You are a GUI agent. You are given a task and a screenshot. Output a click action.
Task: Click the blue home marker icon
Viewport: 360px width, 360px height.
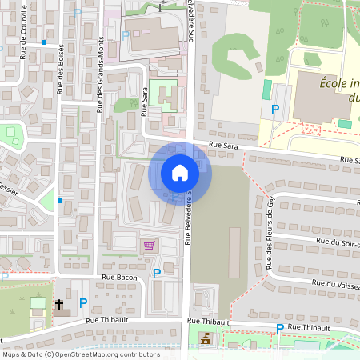pyautogui.click(x=179, y=173)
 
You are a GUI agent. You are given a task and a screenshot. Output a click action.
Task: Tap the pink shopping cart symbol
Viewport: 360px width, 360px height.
pyautogui.click(x=147, y=246)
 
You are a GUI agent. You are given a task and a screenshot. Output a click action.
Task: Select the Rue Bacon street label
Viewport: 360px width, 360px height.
pyautogui.click(x=119, y=278)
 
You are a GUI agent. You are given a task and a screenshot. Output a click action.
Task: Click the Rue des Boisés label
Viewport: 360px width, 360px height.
pyautogui.click(x=62, y=70)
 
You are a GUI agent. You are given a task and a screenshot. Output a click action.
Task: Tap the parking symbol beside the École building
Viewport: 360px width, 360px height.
pyautogui.click(x=276, y=109)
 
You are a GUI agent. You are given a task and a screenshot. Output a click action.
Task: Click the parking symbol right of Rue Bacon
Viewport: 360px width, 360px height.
pyautogui.click(x=157, y=273)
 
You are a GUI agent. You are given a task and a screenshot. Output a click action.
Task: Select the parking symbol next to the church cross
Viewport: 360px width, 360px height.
pyautogui.click(x=83, y=303)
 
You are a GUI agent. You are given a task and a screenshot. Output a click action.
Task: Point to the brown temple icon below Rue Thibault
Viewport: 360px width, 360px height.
pyautogui.click(x=204, y=338)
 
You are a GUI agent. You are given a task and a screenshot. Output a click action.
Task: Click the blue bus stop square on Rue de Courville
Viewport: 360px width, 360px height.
pyautogui.click(x=44, y=42)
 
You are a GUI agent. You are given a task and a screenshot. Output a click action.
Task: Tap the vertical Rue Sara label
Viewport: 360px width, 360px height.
pyautogui.click(x=145, y=101)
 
